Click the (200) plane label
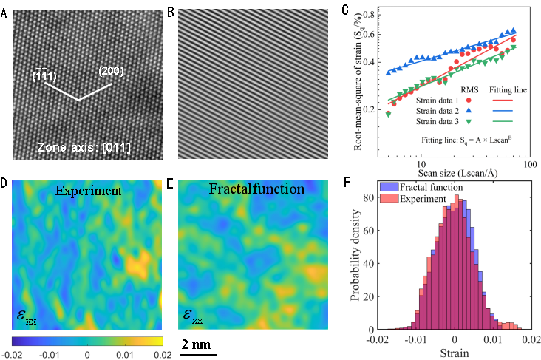pyautogui.click(x=111, y=71)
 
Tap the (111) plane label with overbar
pyautogui.click(x=44, y=76)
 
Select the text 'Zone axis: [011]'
pyautogui.click(x=85, y=149)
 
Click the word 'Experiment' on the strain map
pyautogui.click(x=89, y=191)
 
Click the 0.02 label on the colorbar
pyautogui.click(x=162, y=355)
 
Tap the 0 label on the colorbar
pyautogui.click(x=87, y=355)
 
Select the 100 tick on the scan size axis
pyautogui.click(x=528, y=162)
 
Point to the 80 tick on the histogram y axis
pyautogui.click(x=372, y=198)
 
